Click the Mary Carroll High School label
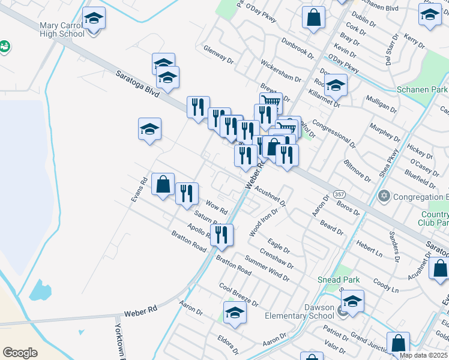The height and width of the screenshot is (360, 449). click(x=62, y=30)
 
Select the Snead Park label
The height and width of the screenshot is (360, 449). click(x=339, y=280)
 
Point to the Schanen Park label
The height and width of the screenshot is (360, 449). click(x=422, y=89)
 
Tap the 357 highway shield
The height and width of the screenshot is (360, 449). click(x=339, y=194)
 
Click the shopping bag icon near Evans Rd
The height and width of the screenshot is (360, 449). click(x=163, y=185)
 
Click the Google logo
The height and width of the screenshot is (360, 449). click(x=20, y=353)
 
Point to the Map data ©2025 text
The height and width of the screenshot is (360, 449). click(x=424, y=355)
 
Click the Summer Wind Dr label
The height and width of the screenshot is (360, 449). click(x=267, y=268)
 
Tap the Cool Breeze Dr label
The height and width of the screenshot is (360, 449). click(x=238, y=295)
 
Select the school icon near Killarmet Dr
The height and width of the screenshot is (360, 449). click(x=336, y=86)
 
